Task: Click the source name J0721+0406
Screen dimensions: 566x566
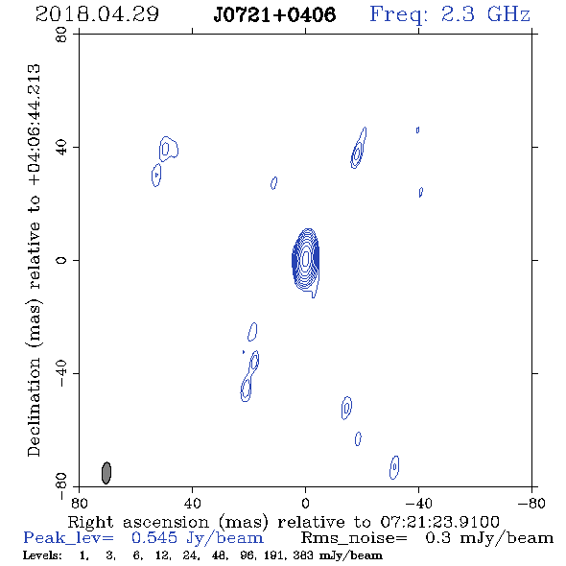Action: pos(274,14)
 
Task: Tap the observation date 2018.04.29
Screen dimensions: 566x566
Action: pos(97,14)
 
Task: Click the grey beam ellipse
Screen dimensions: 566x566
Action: pos(106,473)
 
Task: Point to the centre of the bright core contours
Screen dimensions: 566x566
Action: pos(306,259)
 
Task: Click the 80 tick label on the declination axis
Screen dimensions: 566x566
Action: pos(61,35)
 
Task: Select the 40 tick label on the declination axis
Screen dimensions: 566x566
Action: pos(61,148)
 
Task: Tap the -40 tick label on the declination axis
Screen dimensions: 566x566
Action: pos(61,373)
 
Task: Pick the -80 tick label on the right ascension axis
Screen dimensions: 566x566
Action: pos(531,504)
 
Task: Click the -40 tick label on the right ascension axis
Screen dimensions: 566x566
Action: pos(418,504)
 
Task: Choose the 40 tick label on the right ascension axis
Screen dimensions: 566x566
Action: pos(193,504)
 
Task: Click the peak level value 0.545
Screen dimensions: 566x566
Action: pos(154,538)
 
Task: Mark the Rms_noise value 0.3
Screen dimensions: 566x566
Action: pos(438,538)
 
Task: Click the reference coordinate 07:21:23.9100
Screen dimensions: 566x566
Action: pos(439,522)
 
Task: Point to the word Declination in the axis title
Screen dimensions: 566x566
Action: pos(34,407)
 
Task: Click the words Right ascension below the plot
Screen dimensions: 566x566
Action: pos(138,523)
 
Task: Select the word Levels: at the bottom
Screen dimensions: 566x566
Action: pos(42,554)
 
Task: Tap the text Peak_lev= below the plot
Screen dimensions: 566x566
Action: pos(68,538)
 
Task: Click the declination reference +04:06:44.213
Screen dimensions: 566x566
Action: pos(35,126)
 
